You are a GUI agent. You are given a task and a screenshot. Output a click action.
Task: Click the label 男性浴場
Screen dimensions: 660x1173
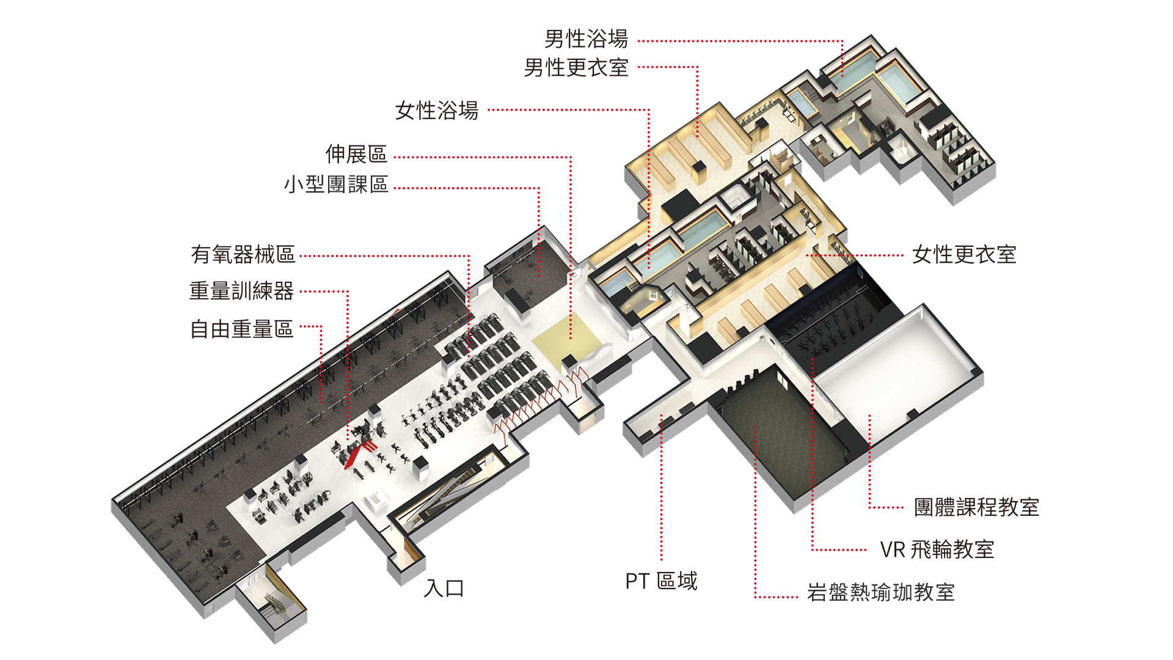pyautogui.click(x=586, y=39)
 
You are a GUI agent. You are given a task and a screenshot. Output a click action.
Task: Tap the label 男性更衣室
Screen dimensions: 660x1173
pyautogui.click(x=576, y=68)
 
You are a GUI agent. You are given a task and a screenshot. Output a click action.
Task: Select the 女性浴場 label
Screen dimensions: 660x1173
pyautogui.click(x=436, y=111)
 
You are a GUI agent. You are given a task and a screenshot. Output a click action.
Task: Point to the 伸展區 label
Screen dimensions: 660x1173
pyautogui.click(x=356, y=154)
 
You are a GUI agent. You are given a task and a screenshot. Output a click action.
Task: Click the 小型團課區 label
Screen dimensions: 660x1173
pyautogui.click(x=336, y=185)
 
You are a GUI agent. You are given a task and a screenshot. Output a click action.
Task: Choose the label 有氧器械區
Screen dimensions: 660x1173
pyautogui.click(x=243, y=254)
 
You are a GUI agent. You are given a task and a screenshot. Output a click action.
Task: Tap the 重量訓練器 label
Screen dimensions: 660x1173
pyautogui.click(x=241, y=291)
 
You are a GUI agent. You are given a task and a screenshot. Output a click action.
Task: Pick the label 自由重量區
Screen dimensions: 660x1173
pyautogui.click(x=241, y=329)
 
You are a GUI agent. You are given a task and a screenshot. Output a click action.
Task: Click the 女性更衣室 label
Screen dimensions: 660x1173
pyautogui.click(x=964, y=255)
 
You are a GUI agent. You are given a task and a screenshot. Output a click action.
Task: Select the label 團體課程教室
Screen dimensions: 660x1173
pyautogui.click(x=976, y=507)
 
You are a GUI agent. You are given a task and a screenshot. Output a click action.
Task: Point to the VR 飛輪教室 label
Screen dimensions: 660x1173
pyautogui.click(x=937, y=550)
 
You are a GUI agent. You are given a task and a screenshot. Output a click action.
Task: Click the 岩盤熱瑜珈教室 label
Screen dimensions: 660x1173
pyautogui.click(x=880, y=593)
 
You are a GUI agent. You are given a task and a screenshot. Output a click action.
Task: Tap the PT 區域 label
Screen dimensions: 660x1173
pyautogui.click(x=661, y=581)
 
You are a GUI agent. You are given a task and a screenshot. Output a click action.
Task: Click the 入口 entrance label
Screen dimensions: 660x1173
pyautogui.click(x=444, y=588)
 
